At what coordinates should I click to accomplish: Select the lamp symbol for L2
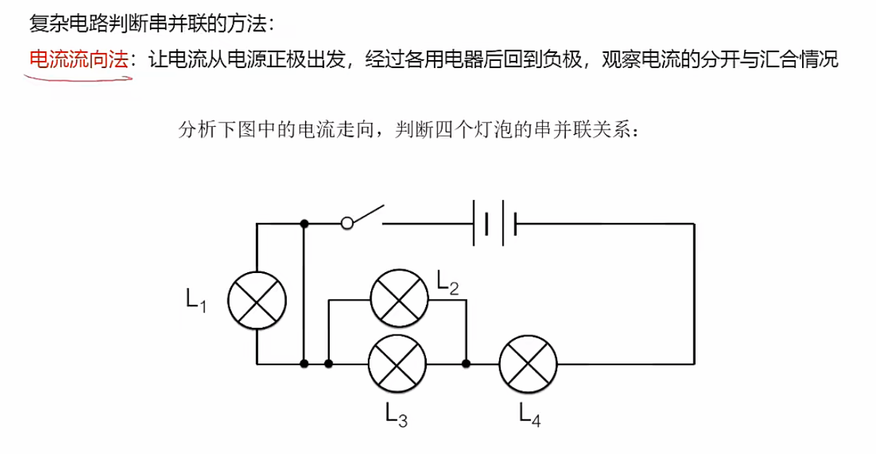click(x=399, y=299)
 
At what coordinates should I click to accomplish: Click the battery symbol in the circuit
click(x=494, y=224)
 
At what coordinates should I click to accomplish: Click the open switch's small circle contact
click(x=348, y=224)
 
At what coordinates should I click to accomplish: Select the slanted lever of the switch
click(x=367, y=214)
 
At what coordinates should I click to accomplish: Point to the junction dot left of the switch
click(x=305, y=224)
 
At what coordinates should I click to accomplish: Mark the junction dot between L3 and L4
click(x=466, y=363)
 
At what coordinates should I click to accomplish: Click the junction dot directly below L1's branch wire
click(x=305, y=363)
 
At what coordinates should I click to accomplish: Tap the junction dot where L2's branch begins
click(x=329, y=363)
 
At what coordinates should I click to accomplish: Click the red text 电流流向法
click(x=78, y=59)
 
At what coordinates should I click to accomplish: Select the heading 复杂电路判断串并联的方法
click(x=151, y=24)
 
